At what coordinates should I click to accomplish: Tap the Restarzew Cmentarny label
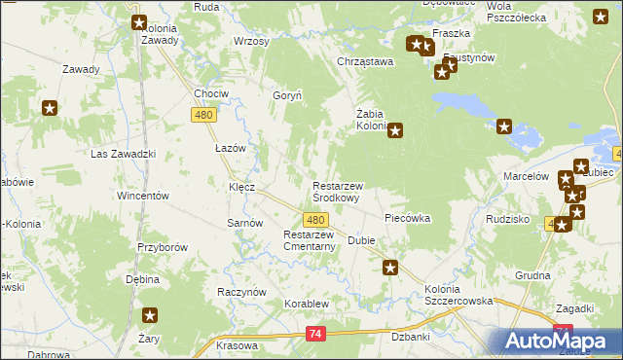310,240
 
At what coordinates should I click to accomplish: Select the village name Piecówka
408,219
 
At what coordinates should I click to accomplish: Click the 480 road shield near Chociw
202,115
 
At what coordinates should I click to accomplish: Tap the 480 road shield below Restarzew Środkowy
314,221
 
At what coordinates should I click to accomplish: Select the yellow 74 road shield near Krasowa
314,334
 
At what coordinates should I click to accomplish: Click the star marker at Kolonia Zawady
139,22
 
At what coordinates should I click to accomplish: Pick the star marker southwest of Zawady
50,108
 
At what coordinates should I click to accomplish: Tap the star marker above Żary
150,314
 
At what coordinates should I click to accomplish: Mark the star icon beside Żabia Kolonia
395,130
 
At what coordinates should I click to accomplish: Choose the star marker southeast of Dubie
390,268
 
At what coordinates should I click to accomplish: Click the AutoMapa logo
560,341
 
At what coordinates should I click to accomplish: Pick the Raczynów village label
242,292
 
